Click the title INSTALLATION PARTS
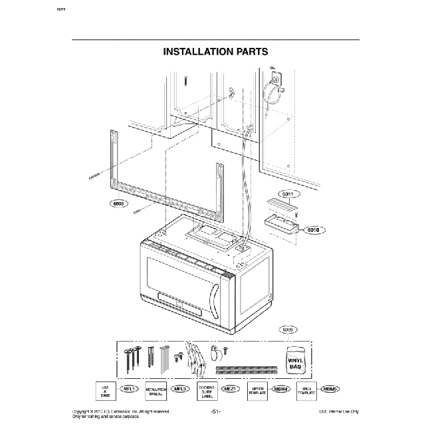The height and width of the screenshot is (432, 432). point(215,51)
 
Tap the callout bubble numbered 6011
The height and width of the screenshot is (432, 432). point(287,194)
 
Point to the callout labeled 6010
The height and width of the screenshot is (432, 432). point(314,230)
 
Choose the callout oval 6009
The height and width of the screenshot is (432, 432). point(288,329)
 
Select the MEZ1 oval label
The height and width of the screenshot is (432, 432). point(231,388)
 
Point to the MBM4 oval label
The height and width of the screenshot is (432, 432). point(280,388)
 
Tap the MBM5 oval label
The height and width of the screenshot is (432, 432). point(331,388)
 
